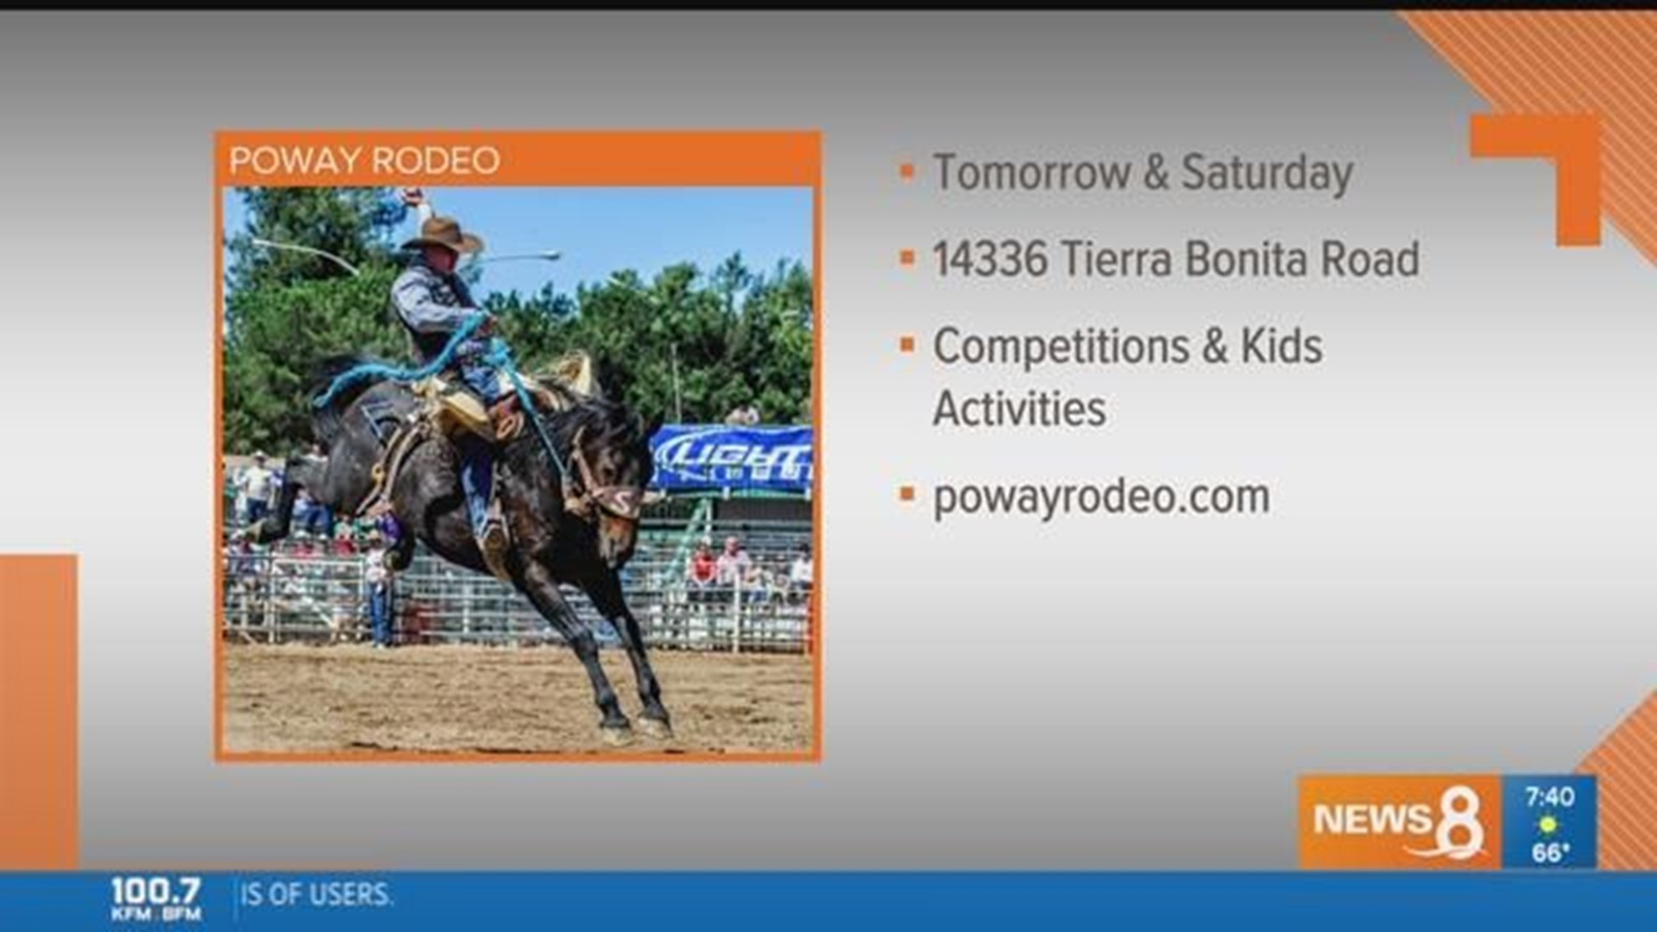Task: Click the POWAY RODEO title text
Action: [364, 161]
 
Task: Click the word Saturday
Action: [1266, 173]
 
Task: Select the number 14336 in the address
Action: [990, 259]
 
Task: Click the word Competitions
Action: [1061, 347]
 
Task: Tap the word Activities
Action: [1019, 409]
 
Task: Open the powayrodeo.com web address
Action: [1101, 497]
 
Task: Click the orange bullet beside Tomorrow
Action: [907, 171]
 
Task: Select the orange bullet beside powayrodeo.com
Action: [907, 495]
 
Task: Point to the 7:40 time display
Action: [1549, 797]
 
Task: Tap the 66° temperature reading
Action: [1550, 853]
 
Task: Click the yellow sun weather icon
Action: [1548, 825]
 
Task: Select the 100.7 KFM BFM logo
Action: [155, 897]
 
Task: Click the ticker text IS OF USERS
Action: [316, 895]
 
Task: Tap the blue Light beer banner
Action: [732, 458]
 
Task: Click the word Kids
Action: [1281, 347]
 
